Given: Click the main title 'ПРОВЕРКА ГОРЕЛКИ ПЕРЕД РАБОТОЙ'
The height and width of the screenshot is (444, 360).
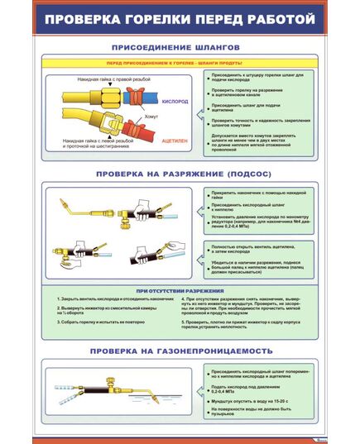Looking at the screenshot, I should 180,17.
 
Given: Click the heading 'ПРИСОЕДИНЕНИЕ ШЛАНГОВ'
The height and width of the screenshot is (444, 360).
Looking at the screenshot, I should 180,48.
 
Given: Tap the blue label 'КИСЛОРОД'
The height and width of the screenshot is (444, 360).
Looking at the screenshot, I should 175,103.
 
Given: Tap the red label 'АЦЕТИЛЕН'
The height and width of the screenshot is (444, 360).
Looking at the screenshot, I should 175,141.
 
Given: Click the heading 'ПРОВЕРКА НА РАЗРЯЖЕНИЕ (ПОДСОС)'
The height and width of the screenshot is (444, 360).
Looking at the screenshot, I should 180,174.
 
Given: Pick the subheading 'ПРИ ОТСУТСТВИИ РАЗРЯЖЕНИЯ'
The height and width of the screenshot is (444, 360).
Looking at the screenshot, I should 180,290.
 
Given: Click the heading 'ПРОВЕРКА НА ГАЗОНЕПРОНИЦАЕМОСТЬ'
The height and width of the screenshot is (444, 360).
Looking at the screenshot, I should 180,350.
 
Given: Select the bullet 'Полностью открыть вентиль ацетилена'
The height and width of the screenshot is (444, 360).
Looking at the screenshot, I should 248,249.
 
